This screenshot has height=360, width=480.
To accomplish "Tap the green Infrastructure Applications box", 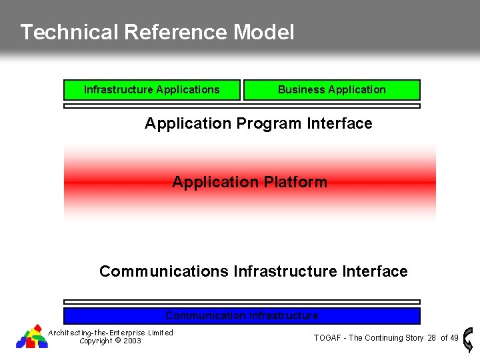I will [x=151, y=89].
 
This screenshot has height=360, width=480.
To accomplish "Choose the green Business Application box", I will [x=331, y=89].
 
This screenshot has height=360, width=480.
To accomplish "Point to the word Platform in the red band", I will [x=295, y=182].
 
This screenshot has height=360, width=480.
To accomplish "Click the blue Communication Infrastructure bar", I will [x=241, y=315].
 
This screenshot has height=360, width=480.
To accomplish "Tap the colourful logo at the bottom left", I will [x=32, y=337].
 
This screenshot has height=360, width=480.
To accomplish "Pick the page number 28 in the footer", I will [x=432, y=338].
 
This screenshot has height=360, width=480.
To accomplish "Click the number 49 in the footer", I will [x=454, y=338].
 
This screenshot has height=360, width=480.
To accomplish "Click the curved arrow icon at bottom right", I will [x=468, y=338].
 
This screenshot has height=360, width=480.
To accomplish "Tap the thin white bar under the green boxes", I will [x=241, y=105].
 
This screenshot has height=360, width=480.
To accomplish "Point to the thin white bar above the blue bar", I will [x=241, y=302].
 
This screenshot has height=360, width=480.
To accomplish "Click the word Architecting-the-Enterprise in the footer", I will [x=97, y=333].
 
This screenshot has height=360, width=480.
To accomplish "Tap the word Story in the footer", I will [x=412, y=338].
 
